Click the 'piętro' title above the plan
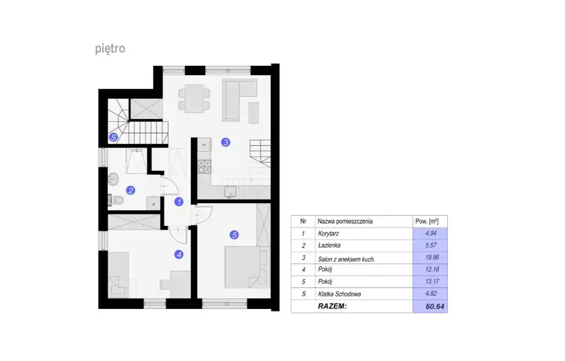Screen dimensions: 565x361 pos(110,48)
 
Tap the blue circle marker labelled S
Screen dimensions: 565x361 pos(114,137)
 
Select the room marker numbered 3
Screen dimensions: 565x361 pos(225,142)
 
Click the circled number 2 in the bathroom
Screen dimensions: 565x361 pos(130,190)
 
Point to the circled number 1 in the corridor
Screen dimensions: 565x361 pos(179,202)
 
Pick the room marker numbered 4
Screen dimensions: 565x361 pos(179,255)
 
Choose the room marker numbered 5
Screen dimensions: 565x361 pos(234,235)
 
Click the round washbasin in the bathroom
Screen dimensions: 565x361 pos(114,179)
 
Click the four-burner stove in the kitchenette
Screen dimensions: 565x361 pos(204,167)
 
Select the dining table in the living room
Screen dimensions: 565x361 pos(194,99)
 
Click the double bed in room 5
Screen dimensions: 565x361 pos(247,267)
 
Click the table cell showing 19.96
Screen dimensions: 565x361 pos(432,257)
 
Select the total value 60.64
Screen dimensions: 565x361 pos(435,306)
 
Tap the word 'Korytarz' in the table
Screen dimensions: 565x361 pos(328,234)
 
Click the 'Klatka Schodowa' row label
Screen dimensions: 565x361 pos(340,294)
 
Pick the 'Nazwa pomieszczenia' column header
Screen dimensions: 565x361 pos(345,221)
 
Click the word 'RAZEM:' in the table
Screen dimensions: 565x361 pos(332,306)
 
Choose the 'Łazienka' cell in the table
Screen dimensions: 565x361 pos(329,246)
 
